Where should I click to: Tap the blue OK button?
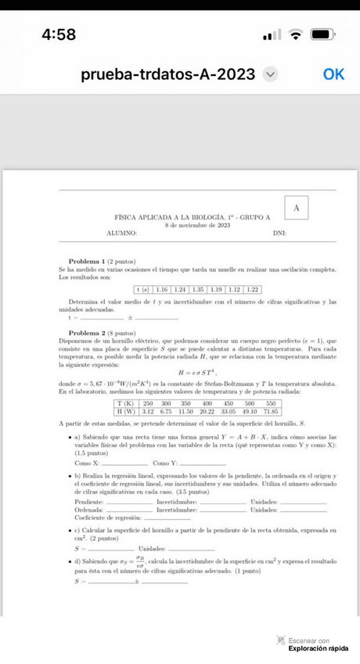(333, 74)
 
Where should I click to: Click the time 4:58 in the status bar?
(59, 35)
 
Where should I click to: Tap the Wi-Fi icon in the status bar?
(295, 35)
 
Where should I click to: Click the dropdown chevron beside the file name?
(271, 74)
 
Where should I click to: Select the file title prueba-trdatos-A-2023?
(167, 74)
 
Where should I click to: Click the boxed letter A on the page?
(296, 207)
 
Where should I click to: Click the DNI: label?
(279, 233)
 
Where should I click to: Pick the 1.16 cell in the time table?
(161, 290)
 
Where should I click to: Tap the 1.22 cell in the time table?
(252, 290)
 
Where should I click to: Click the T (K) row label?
(125, 403)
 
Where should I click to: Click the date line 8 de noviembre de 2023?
(197, 225)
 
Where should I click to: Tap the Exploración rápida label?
(318, 648)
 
